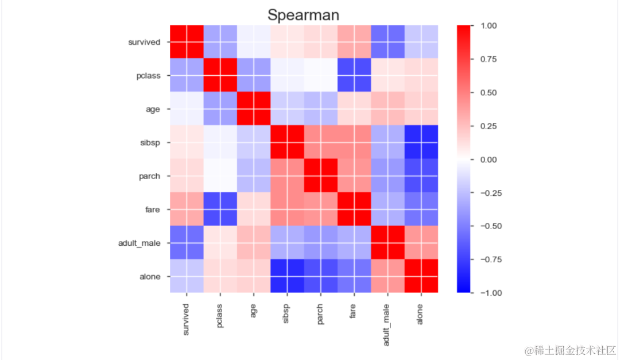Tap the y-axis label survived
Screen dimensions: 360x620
point(144,42)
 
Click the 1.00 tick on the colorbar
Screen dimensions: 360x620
point(488,26)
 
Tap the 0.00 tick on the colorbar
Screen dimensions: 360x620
point(488,160)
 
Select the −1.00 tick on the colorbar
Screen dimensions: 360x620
point(487,293)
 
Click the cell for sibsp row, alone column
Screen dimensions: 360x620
point(421,142)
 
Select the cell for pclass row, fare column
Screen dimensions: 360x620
point(354,76)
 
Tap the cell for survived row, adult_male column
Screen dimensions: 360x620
point(388,42)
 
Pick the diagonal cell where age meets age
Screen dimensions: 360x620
point(254,109)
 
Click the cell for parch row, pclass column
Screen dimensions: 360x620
point(220,176)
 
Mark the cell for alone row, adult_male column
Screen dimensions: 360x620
point(388,276)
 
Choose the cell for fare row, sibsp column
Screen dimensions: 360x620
point(287,210)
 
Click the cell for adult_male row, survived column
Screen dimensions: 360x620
point(187,243)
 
